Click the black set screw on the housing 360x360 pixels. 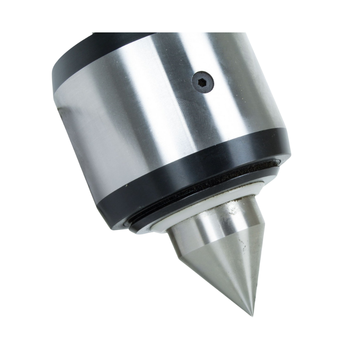[x=203, y=82]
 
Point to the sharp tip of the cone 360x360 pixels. [x=252, y=314]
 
